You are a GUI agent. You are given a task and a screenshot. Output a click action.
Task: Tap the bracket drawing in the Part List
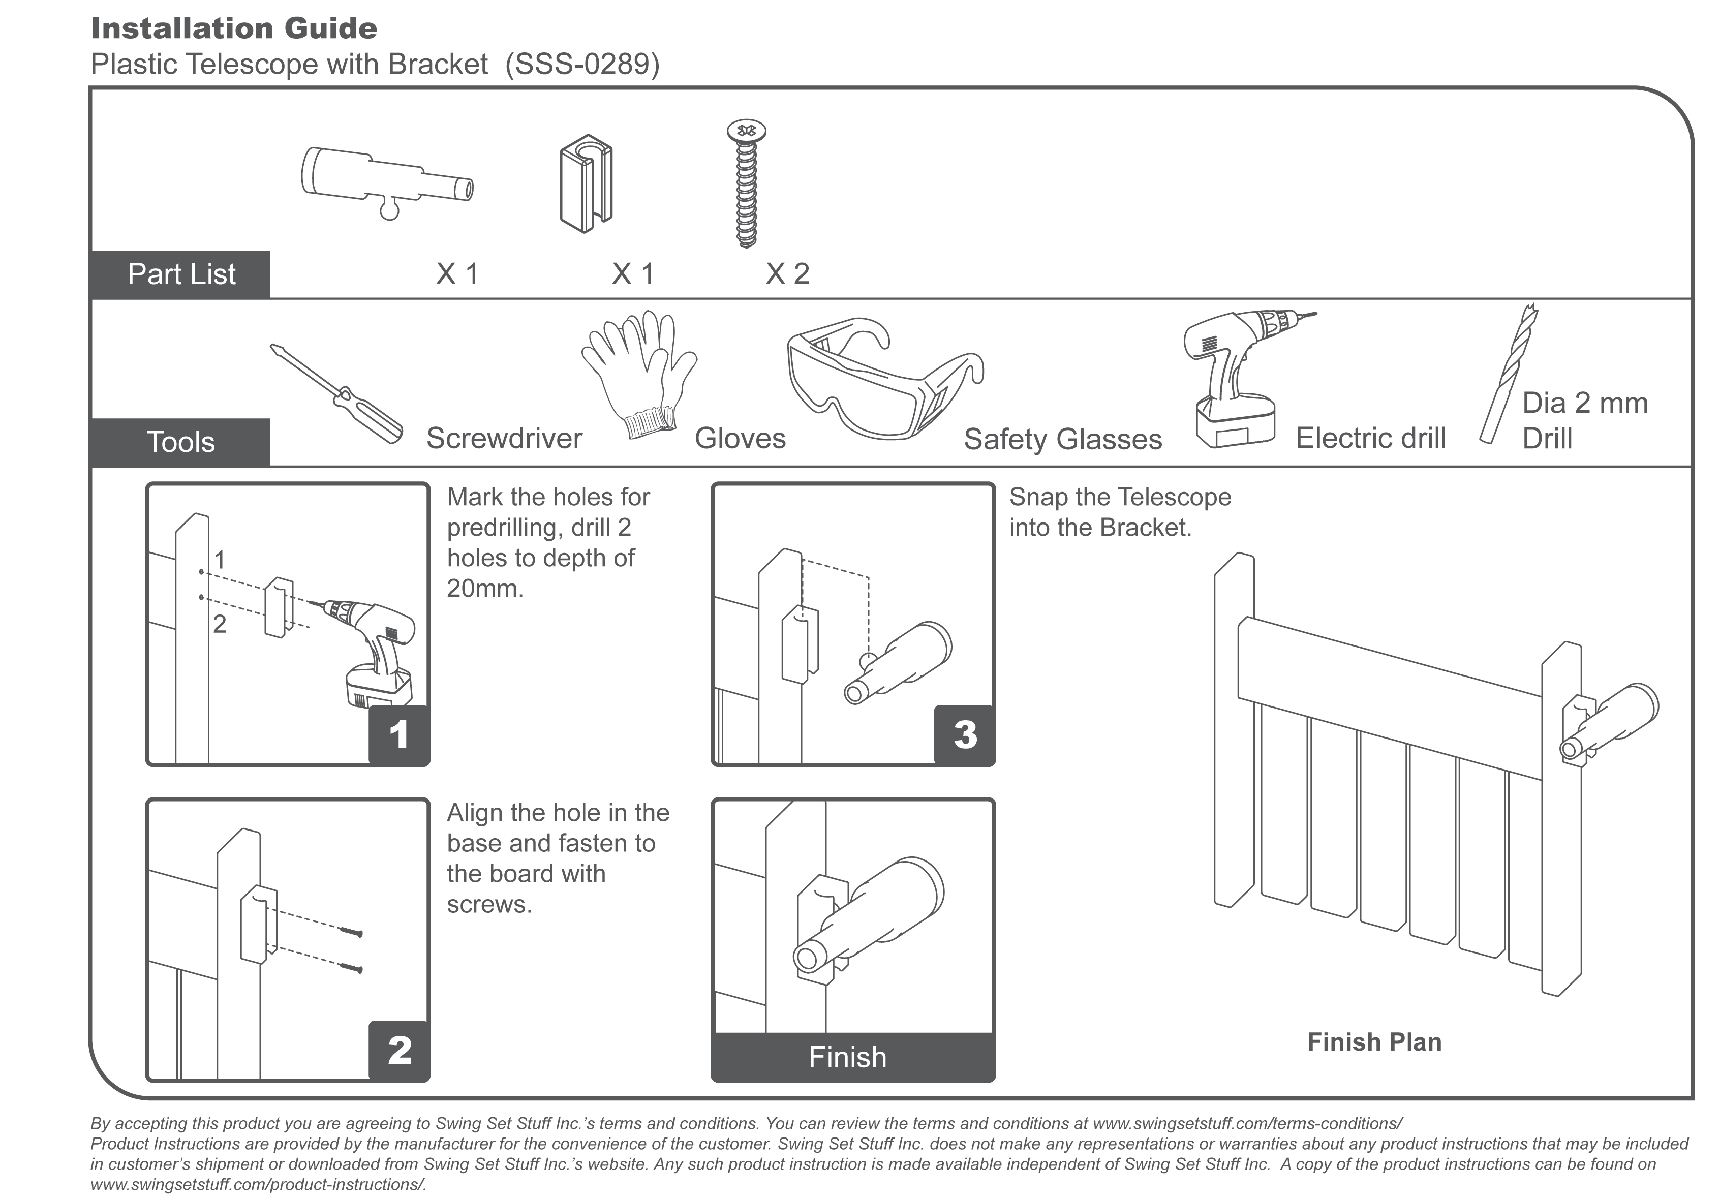[586, 183]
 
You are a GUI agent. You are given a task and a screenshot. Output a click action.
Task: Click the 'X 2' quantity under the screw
[787, 274]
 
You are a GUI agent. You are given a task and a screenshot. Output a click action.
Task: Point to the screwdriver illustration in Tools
[337, 394]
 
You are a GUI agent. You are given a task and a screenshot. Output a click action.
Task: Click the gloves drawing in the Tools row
[639, 375]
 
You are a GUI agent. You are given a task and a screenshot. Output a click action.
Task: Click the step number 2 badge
[400, 1051]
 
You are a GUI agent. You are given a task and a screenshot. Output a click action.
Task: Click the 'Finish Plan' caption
[1374, 1042]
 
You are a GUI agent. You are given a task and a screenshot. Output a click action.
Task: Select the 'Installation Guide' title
[234, 28]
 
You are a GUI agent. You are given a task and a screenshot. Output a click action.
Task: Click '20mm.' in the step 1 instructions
[485, 589]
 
